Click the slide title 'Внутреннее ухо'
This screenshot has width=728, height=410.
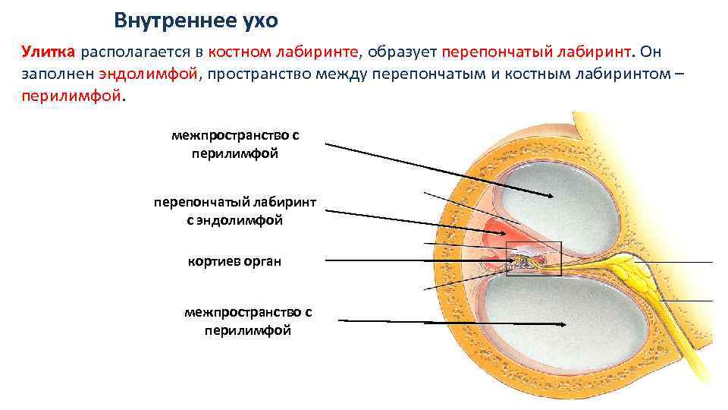point(196,20)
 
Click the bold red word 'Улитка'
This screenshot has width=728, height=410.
point(48,52)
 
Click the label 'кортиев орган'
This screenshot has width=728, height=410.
point(234,262)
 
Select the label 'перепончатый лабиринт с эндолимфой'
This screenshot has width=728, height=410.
point(234,212)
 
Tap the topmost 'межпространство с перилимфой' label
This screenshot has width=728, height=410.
point(235,144)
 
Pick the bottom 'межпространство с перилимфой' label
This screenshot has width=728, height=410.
point(248,321)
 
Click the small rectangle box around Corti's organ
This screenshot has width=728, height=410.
point(533,258)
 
